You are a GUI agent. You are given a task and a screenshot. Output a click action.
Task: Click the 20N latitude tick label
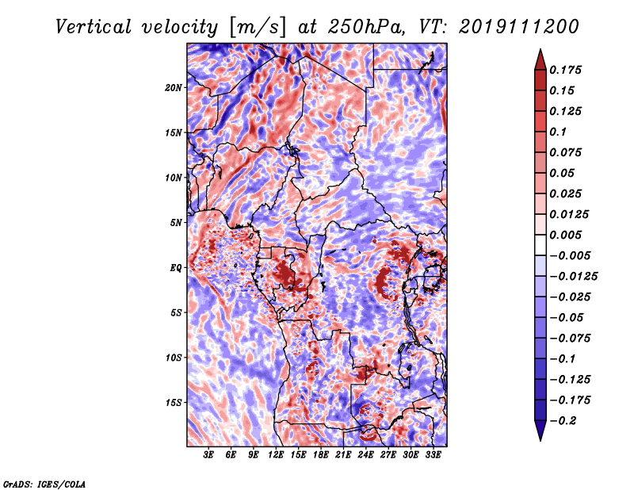pyautogui.click(x=174, y=87)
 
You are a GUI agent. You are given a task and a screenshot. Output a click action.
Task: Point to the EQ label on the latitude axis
pyautogui.click(x=176, y=268)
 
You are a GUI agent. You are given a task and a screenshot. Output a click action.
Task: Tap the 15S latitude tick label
pyautogui.click(x=174, y=403)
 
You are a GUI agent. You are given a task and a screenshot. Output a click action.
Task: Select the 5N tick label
pyautogui.click(x=176, y=223)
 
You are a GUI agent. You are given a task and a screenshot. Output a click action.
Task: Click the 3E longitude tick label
pyautogui.click(x=208, y=455)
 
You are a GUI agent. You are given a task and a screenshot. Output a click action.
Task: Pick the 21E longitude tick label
pyautogui.click(x=343, y=455)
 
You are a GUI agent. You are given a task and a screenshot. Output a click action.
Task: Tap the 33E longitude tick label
pyautogui.click(x=433, y=455)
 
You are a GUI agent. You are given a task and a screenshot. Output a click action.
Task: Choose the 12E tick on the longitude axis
pyautogui.click(x=275, y=455)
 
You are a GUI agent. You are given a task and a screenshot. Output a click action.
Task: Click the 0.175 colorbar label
pyautogui.click(x=565, y=70)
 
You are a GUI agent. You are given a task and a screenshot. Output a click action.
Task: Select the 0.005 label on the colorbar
pyautogui.click(x=565, y=235)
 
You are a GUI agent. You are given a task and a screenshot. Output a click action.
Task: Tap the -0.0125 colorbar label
pyautogui.click(x=573, y=277)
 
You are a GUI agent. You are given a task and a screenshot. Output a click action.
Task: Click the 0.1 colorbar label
pyautogui.click(x=558, y=132)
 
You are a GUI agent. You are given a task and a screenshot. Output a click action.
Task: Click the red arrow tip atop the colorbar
pyautogui.click(x=540, y=49)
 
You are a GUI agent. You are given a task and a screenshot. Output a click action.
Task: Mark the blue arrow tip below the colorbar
pyautogui.click(x=540, y=440)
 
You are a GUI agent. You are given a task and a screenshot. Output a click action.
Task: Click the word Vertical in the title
pyautogui.click(x=94, y=27)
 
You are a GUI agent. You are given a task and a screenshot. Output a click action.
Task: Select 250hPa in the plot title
pyautogui.click(x=366, y=27)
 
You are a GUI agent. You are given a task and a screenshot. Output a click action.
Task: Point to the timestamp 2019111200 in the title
pyautogui.click(x=519, y=27)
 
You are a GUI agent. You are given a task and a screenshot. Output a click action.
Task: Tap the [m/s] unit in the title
pyautogui.click(x=257, y=28)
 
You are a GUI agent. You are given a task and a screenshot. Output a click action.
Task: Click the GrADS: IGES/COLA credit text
pyautogui.click(x=44, y=484)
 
